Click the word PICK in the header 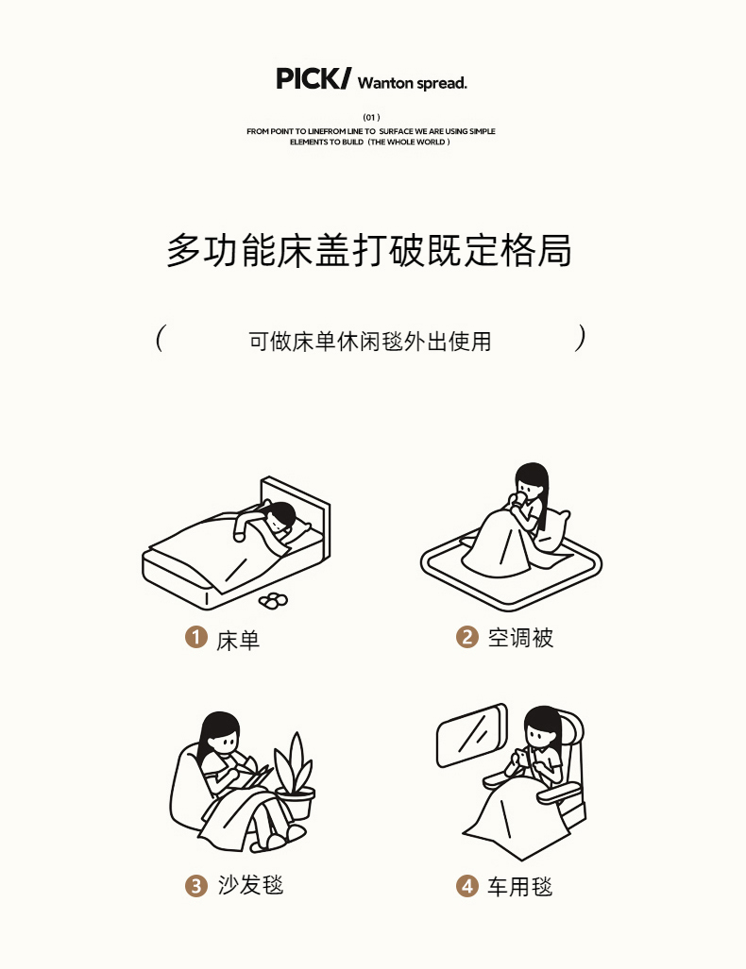308,79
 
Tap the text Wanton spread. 412,83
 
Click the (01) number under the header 371,117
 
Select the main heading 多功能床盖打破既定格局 368,250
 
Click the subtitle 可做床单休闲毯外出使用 370,342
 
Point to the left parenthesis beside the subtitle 160,338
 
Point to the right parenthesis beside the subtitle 580,338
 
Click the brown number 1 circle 196,637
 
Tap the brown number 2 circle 467,637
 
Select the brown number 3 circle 196,886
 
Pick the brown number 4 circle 467,886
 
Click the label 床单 238,641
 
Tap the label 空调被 520,638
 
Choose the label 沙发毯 250,885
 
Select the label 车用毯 519,887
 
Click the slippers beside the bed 273,600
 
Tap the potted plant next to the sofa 295,777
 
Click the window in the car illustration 472,735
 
